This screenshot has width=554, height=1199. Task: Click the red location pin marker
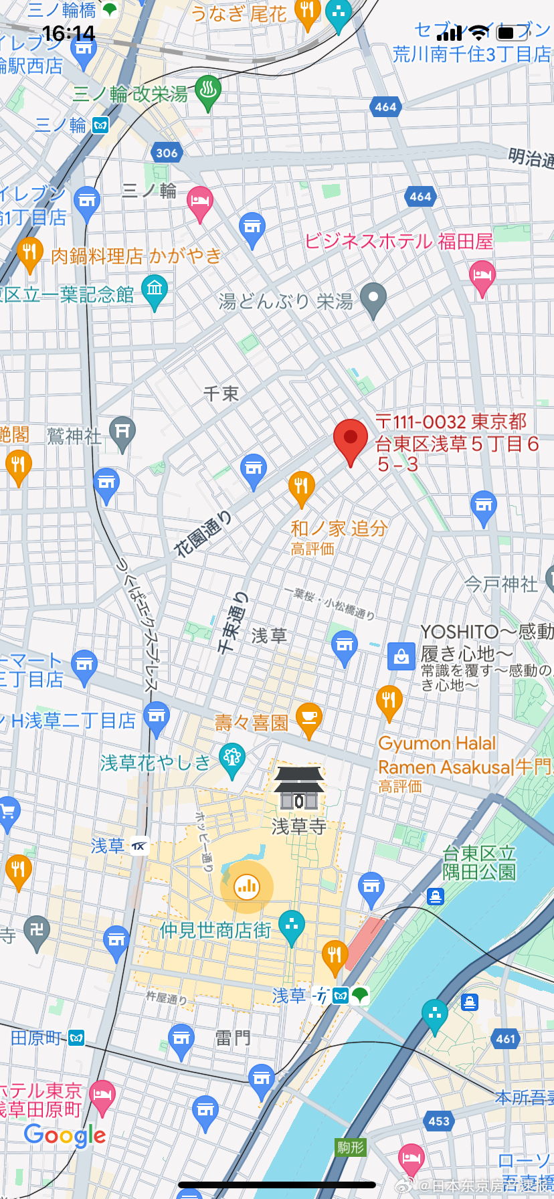351,440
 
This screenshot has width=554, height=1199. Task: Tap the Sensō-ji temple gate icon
299,790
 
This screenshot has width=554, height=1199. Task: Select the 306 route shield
167,153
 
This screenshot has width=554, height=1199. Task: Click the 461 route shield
506,1038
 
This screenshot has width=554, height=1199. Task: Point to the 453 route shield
439,1121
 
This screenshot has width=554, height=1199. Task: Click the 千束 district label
221,393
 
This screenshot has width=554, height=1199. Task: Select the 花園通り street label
203,533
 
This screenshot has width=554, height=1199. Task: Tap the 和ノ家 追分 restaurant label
339,529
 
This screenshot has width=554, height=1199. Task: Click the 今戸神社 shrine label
501,584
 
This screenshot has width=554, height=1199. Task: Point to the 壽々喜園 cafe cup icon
308,718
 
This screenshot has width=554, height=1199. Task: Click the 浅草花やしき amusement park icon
232,759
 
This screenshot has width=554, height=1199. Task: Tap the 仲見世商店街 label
215,930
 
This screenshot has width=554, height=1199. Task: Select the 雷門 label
233,1038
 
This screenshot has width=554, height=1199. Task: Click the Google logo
65,1135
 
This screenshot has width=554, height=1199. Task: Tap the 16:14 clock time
68,33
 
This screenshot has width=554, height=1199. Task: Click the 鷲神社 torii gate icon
122,432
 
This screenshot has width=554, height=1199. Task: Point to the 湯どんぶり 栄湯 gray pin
373,298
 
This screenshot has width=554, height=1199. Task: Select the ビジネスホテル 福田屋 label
399,241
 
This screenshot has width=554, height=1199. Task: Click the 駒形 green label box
351,1147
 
